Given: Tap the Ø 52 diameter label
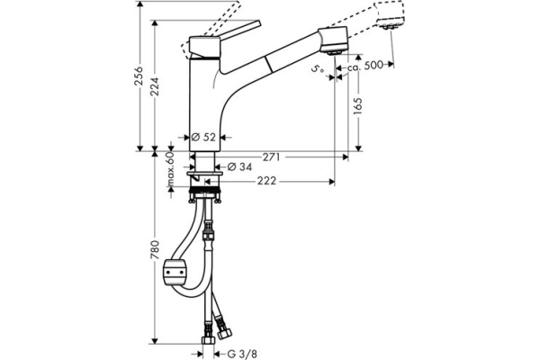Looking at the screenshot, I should pyautogui.click(x=205, y=137).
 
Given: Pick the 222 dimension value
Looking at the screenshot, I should pyautogui.click(x=266, y=182).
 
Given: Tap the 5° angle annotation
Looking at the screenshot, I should pyautogui.click(x=317, y=69).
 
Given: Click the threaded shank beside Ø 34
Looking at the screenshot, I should pyautogui.click(x=204, y=166).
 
